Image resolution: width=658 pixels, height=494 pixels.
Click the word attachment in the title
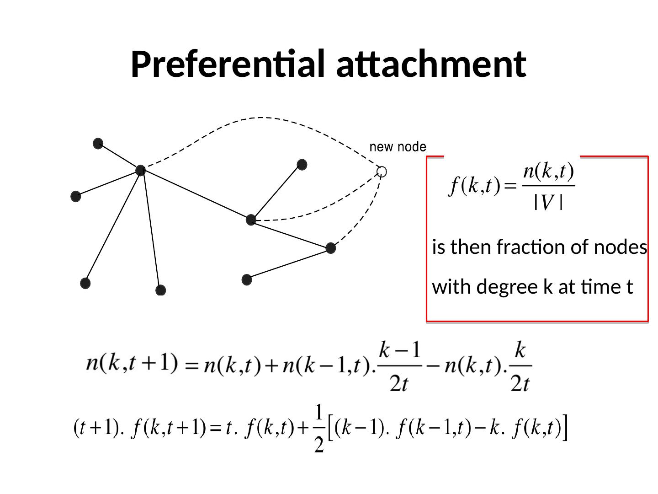click(431, 64)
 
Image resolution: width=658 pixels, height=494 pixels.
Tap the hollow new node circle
click(382, 172)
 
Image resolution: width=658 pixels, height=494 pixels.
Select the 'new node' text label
click(398, 147)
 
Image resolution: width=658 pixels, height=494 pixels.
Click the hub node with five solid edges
click(141, 171)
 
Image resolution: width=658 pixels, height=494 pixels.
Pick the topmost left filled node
click(98, 144)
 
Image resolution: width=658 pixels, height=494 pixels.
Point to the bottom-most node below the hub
click(160, 290)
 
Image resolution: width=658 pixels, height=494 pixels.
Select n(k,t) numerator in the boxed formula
click(548, 172)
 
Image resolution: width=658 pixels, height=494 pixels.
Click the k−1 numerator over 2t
click(400, 351)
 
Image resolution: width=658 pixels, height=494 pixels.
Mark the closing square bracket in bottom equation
click(566, 428)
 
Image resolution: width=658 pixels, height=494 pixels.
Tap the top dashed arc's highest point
click(260, 118)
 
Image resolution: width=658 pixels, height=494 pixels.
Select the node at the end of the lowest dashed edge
click(331, 248)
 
